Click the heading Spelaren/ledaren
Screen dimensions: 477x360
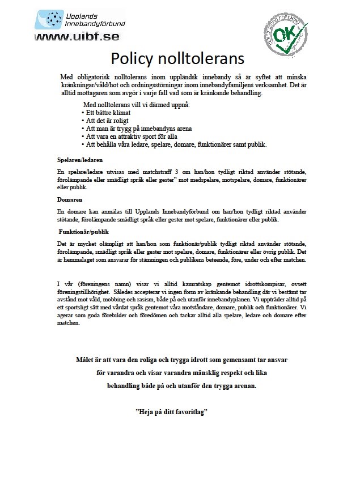tap(80, 160)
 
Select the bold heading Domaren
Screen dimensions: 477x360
tap(70, 200)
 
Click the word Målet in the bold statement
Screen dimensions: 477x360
tap(86, 360)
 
